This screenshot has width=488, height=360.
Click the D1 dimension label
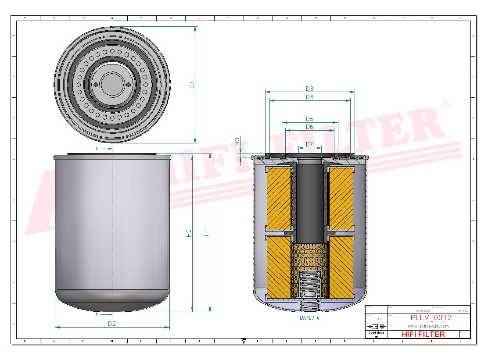(192, 85)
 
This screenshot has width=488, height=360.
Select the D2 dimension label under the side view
(112, 324)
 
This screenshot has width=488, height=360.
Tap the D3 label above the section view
(309, 89)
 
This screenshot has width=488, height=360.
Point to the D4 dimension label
(309, 97)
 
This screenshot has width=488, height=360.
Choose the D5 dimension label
(309, 119)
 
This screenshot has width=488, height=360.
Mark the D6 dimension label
(309, 127)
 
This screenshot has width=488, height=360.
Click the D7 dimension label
(309, 144)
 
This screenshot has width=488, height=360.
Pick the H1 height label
(206, 233)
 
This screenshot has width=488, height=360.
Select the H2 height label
(189, 233)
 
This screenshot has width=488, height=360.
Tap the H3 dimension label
(237, 141)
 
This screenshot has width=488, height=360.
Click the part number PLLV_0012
(431, 318)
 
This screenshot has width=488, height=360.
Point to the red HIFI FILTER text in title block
(423, 334)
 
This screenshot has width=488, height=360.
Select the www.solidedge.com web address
(428, 326)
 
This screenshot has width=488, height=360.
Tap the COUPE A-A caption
(309, 318)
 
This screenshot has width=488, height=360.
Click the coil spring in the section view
(310, 285)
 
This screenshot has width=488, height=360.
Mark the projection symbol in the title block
(376, 326)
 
